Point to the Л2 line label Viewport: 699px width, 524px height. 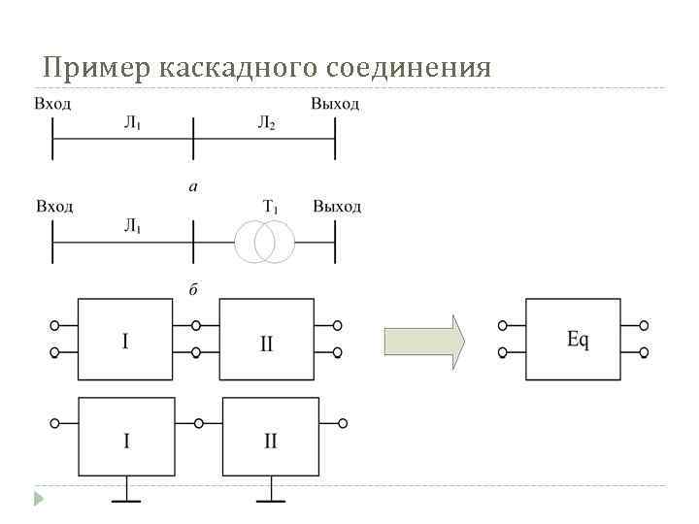(x=266, y=122)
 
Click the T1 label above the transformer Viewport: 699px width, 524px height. (x=271, y=206)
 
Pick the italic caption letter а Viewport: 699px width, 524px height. (x=192, y=185)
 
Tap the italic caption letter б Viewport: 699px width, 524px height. (x=193, y=289)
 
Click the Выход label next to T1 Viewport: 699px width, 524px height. (x=337, y=206)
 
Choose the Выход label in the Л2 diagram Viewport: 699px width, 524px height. (x=335, y=104)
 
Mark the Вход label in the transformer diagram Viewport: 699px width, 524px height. (x=54, y=206)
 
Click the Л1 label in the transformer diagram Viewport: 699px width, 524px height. (x=133, y=226)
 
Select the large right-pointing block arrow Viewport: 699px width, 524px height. (x=424, y=342)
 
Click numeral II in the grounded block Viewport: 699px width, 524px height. (x=270, y=442)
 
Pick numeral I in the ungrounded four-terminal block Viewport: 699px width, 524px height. (x=124, y=342)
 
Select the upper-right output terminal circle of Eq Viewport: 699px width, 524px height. (x=644, y=326)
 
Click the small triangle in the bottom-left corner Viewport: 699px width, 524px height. (x=40, y=499)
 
